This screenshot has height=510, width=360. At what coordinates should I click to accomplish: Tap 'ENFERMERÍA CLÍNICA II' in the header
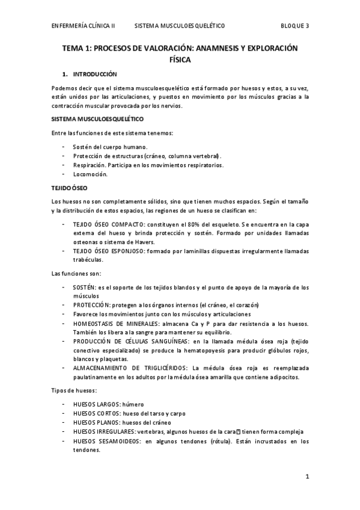point(84,26)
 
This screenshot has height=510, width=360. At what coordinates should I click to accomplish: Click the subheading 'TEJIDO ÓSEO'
point(70,188)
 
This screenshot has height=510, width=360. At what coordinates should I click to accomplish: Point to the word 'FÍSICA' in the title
point(180,60)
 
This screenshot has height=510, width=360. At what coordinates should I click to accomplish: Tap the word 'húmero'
point(133,404)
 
